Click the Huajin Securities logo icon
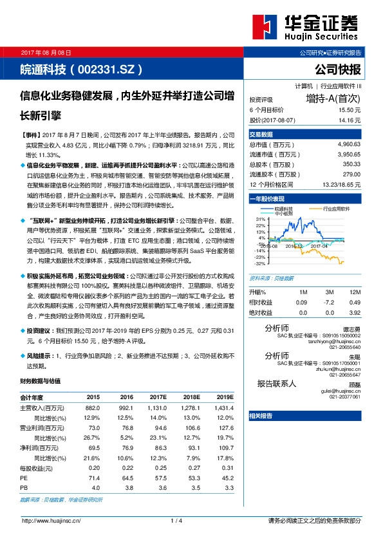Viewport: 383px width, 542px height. [x=266, y=27]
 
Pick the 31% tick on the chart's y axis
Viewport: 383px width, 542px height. [x=261, y=220]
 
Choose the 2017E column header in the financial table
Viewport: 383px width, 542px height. [x=156, y=397]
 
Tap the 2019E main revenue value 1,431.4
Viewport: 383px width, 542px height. [x=224, y=407]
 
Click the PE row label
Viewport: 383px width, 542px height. [x=24, y=478]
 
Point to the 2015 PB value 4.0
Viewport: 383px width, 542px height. [x=94, y=488]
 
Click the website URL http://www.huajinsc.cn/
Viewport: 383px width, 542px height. [x=51, y=520]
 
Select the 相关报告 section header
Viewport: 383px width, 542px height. [x=261, y=416]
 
